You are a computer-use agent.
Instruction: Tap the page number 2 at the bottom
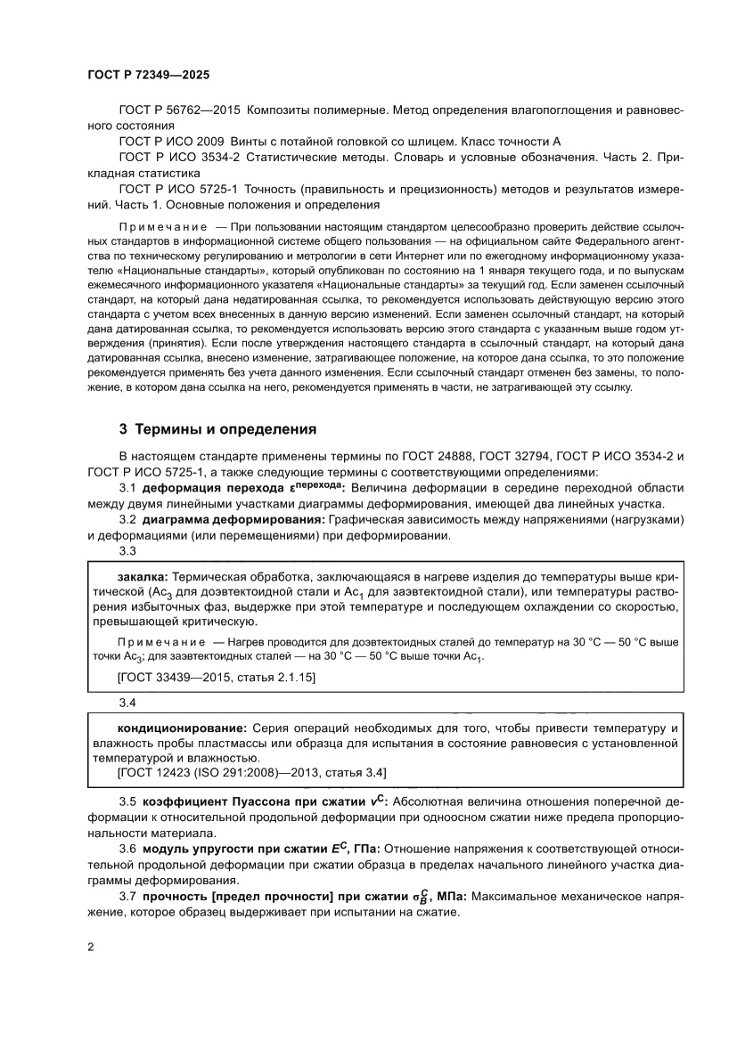click(91, 947)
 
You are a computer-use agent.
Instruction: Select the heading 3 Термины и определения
click(218, 430)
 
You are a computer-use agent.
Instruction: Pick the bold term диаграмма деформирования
click(233, 520)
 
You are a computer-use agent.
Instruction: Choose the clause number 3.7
click(127, 897)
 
